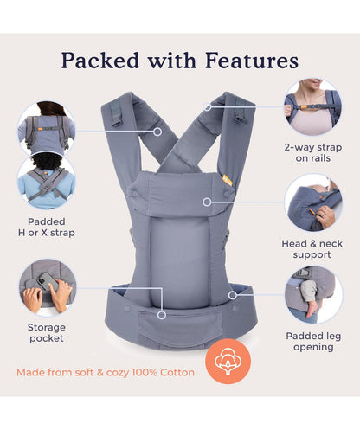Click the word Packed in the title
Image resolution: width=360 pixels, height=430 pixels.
[100, 61]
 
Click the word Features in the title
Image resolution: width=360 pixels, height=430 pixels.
[252, 61]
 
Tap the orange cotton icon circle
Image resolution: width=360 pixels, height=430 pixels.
[228, 362]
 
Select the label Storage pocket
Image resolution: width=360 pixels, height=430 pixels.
[47, 333]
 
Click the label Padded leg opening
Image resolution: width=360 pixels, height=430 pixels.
[313, 342]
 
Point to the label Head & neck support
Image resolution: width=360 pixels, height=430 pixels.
[312, 249]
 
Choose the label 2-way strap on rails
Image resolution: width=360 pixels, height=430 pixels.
[313, 152]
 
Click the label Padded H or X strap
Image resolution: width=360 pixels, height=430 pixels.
[47, 227]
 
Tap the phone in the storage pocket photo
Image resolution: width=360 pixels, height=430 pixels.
[47, 281]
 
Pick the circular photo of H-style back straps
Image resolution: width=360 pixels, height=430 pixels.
[47, 128]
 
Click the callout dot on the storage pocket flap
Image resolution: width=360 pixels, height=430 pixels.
[162, 315]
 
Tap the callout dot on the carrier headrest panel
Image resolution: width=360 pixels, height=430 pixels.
[207, 202]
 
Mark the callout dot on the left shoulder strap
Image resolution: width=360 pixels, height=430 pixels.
[157, 132]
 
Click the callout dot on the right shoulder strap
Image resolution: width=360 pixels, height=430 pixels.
[207, 107]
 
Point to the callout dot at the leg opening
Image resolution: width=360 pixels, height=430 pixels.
[233, 295]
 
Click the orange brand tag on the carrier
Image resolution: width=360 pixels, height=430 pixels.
[228, 181]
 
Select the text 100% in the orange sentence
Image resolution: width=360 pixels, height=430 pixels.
[145, 372]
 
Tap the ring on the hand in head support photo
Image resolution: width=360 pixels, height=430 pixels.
[324, 215]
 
